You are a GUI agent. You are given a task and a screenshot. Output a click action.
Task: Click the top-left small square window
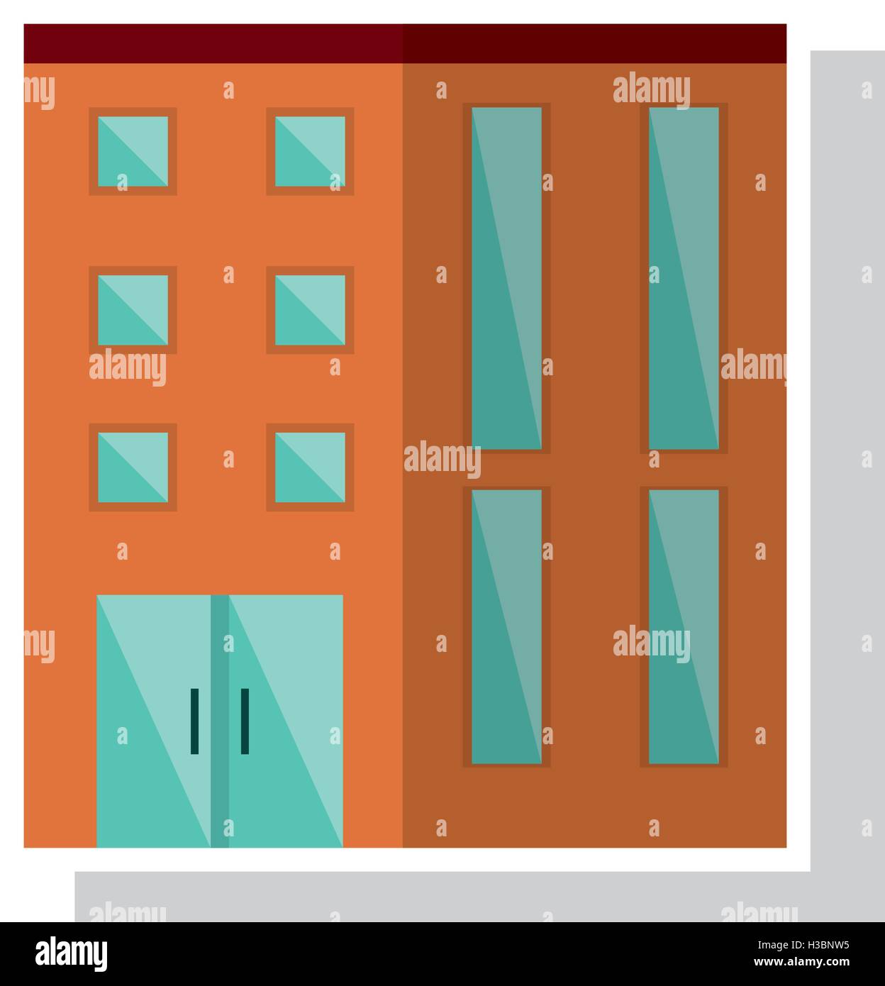pyautogui.click(x=133, y=151)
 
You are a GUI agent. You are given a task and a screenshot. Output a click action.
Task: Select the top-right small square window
pyautogui.click(x=310, y=151)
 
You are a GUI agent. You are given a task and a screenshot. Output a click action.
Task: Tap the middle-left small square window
pyautogui.click(x=133, y=310)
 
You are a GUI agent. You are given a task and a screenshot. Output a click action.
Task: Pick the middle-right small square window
pyautogui.click(x=310, y=310)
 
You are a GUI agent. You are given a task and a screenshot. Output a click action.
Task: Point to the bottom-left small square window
pyautogui.click(x=133, y=467)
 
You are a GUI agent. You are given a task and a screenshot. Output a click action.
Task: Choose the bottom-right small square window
pyautogui.click(x=310, y=467)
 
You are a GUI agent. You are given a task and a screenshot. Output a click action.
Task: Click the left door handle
pyautogui.click(x=194, y=721)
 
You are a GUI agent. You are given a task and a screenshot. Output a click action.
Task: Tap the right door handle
pyautogui.click(x=245, y=721)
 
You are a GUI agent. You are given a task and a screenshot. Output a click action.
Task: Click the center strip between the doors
pyautogui.click(x=220, y=721)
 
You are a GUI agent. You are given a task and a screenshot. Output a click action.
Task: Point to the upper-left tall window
pyautogui.click(x=507, y=278)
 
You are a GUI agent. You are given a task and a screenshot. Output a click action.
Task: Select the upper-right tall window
pyautogui.click(x=684, y=278)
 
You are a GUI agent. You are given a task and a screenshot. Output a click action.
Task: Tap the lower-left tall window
pyautogui.click(x=507, y=627)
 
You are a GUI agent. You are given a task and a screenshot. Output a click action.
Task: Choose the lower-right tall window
pyautogui.click(x=684, y=627)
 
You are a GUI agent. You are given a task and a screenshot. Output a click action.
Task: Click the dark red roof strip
pyautogui.click(x=405, y=43)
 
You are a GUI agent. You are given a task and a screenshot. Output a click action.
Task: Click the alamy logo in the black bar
pyautogui.click(x=71, y=954)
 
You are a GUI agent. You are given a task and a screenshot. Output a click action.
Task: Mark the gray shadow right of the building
pyautogui.click(x=848, y=461)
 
